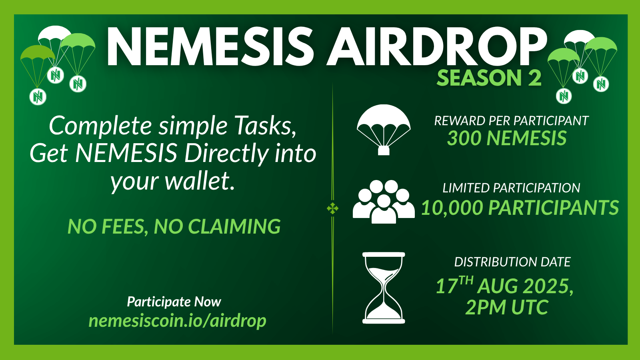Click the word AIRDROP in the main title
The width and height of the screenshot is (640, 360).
click(x=437, y=46)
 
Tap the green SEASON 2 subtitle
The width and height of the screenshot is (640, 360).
click(x=489, y=78)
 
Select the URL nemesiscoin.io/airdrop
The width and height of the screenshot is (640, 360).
click(x=178, y=321)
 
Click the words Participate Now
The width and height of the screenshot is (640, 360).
click(x=174, y=302)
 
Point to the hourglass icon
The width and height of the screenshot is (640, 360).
click(x=384, y=288)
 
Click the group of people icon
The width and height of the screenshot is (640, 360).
click(x=384, y=202)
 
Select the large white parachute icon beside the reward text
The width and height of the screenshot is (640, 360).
click(x=384, y=130)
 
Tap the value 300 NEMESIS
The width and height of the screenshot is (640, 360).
click(x=507, y=138)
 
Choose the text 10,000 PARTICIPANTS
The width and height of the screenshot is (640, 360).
click(x=520, y=208)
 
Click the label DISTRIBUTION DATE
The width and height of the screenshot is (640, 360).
click(x=512, y=262)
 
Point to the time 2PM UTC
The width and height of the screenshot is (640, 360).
click(x=507, y=307)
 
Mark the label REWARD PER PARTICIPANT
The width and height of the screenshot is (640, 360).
click(x=512, y=121)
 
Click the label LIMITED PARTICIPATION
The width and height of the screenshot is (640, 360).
click(x=512, y=188)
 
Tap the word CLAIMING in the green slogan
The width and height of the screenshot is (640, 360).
click(x=234, y=226)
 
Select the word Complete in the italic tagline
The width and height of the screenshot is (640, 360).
click(x=100, y=126)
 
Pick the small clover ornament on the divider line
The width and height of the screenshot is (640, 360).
click(x=332, y=208)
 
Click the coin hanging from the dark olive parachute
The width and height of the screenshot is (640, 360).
click(x=38, y=96)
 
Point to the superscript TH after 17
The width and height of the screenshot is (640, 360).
click(x=466, y=280)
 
